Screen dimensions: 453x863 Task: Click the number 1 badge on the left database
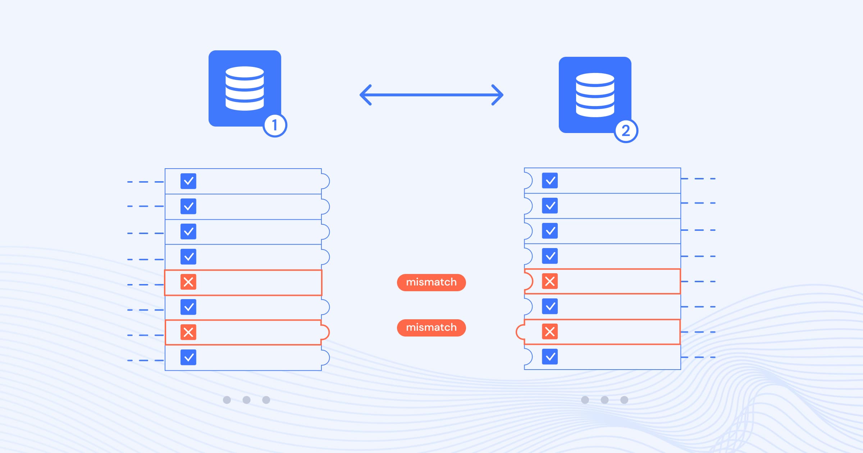tap(275, 125)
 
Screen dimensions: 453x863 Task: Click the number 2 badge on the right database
tap(626, 131)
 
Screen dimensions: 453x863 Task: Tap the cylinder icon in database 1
tap(245, 88)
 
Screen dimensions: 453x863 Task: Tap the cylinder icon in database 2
tap(595, 95)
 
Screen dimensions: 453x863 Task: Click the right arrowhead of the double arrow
tap(497, 95)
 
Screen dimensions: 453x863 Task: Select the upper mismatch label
tap(431, 282)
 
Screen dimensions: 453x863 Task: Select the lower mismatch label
tap(431, 328)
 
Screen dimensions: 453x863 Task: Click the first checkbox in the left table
tap(188, 181)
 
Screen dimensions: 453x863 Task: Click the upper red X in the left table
tap(188, 282)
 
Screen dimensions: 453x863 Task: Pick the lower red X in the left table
tap(188, 332)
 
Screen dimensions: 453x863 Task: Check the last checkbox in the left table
tap(188, 357)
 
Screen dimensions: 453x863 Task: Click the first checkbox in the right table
tap(550, 180)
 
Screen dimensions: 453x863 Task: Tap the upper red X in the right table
tap(550, 281)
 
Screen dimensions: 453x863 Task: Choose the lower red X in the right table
tap(550, 331)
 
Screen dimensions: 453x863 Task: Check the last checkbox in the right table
tap(550, 357)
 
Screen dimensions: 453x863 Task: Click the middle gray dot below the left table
tap(246, 400)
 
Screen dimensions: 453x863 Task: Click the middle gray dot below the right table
tap(604, 400)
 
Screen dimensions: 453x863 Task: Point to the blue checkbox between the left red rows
tap(188, 307)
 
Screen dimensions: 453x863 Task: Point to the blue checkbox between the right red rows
tap(550, 306)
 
